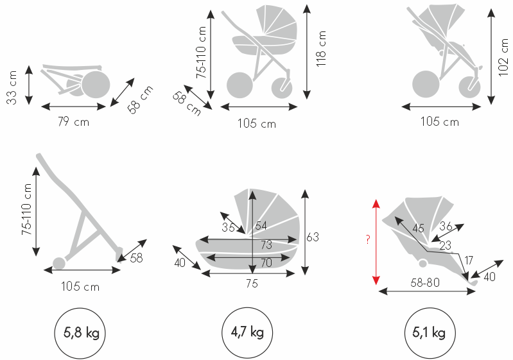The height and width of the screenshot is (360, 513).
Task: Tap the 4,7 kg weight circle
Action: [x=247, y=333]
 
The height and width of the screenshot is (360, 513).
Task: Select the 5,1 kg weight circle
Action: [x=430, y=333]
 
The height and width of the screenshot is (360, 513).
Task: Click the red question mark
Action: [x=368, y=239]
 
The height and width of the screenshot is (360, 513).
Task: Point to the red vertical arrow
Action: [x=376, y=242]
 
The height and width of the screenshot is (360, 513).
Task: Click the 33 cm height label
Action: [x=12, y=88]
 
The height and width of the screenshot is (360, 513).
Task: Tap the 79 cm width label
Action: [x=73, y=122]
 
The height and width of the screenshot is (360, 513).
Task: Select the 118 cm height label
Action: [x=321, y=49]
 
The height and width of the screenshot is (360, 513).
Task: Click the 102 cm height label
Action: [x=503, y=58]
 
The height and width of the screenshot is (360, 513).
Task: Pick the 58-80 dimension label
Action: [x=425, y=282]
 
